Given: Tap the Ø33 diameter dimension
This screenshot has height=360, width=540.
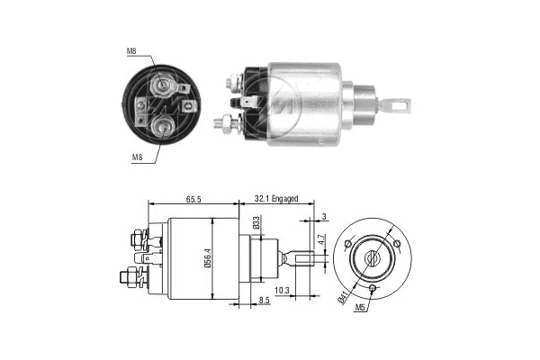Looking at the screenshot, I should (256, 224).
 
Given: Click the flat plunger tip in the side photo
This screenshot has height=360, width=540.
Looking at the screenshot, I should (393, 105).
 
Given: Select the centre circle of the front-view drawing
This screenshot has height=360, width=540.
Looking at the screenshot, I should (371, 257).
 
